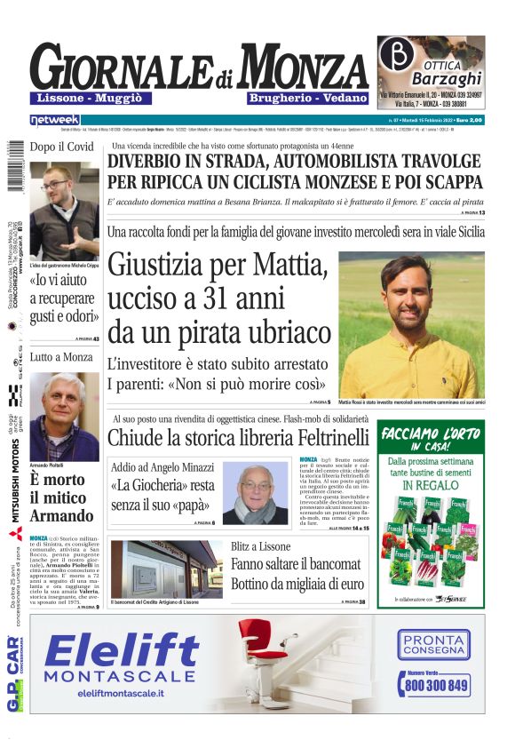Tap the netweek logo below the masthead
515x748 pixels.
pyautogui.click(x=54, y=119)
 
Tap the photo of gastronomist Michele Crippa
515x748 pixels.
pyautogui.click(x=64, y=211)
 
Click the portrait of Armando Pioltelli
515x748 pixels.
pyautogui.click(x=64, y=416)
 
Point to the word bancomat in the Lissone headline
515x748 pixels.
pyautogui.click(x=329, y=564)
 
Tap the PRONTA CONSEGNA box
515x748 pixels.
pyautogui.click(x=433, y=644)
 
